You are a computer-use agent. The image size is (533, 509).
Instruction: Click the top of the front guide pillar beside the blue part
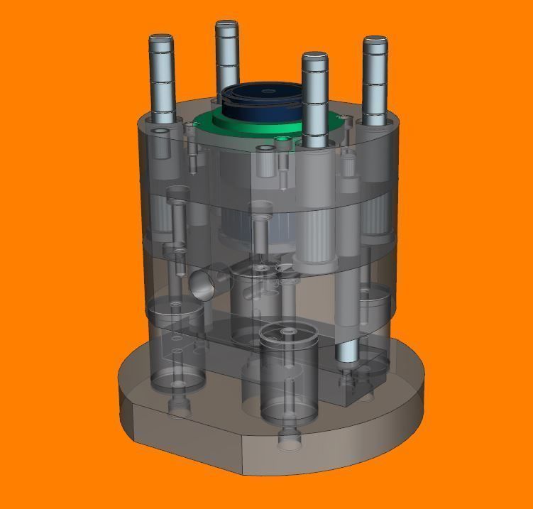(314, 56)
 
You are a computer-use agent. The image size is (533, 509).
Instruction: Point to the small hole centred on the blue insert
(266, 91)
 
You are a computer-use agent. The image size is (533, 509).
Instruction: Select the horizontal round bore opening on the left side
(204, 283)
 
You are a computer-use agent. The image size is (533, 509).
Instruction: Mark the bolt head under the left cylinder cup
(178, 406)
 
